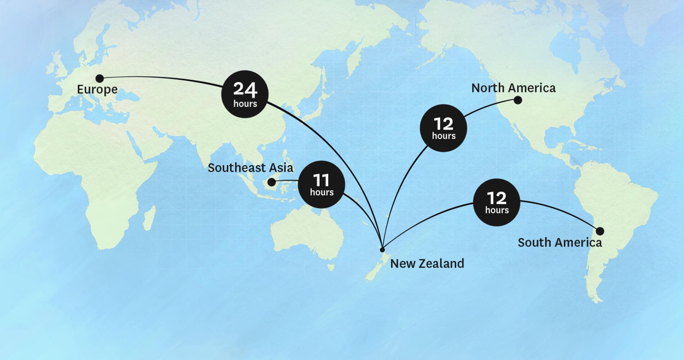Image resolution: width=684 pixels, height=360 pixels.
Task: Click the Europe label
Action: coord(97,89)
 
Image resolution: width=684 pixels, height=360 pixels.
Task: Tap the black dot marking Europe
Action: coord(100,78)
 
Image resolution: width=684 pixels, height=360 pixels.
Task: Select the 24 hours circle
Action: coord(245,94)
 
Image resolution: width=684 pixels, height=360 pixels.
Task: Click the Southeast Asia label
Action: coord(251,168)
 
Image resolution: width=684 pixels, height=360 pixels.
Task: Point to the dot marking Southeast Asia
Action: coord(272,183)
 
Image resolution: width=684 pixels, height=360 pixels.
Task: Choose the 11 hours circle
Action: coord(321,184)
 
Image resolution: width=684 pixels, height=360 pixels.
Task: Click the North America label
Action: coord(513,88)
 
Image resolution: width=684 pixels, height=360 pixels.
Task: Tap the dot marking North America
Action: coord(518,100)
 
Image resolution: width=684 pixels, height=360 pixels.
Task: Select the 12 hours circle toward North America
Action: coord(444,128)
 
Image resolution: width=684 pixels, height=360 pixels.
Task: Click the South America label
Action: coord(560,243)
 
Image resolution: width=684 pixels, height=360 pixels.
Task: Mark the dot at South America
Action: coord(600,231)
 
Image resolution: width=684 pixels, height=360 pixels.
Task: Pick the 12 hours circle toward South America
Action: coord(496,202)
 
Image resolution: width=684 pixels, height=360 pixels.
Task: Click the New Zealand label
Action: coord(427,264)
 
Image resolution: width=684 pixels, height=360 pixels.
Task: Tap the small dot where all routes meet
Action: coord(382,249)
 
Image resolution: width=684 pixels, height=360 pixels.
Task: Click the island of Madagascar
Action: coord(149,218)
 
